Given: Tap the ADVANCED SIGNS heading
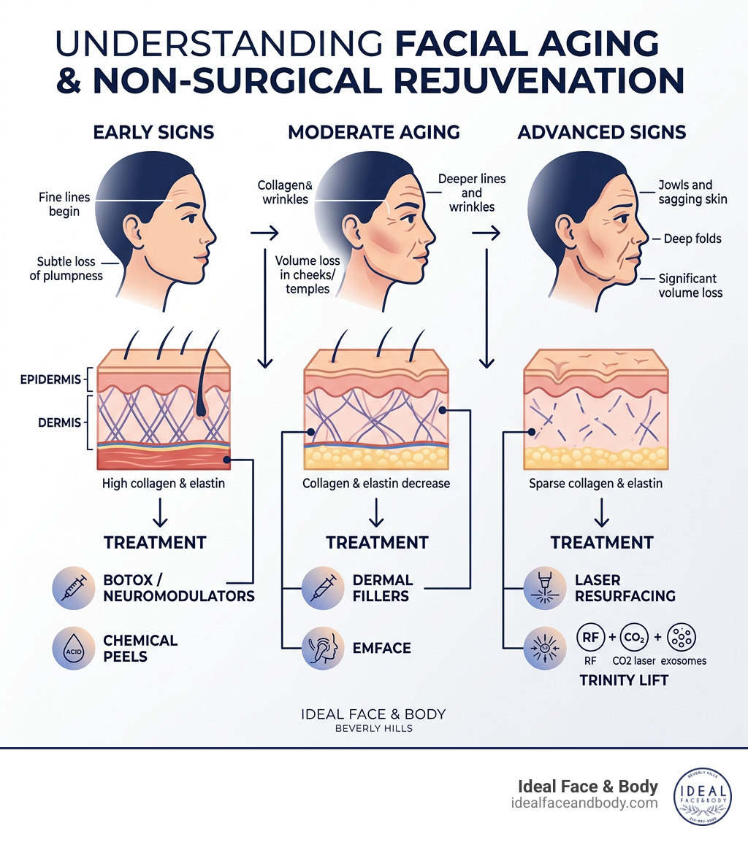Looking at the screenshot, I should click(601, 132).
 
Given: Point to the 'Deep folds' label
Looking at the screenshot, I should click(692, 239).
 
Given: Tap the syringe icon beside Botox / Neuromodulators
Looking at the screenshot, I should click(73, 587).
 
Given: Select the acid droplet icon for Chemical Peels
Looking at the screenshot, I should click(73, 648).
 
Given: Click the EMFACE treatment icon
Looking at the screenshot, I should click(323, 648).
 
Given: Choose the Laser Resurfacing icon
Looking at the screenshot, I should click(545, 587).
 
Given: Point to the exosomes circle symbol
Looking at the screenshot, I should click(682, 636).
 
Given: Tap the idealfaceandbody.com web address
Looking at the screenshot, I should click(584, 803).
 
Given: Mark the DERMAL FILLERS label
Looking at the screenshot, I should click(382, 587).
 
